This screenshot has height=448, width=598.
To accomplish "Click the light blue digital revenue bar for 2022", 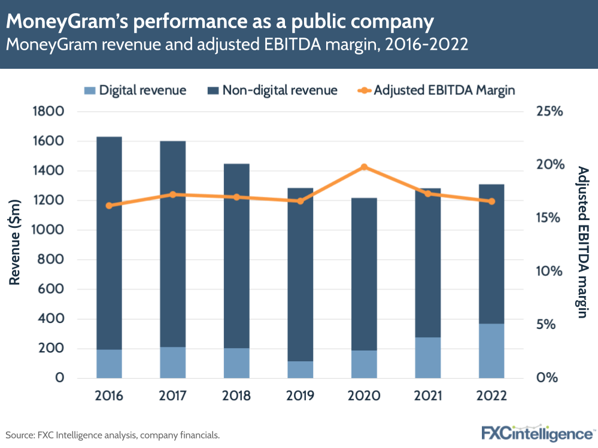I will pyautogui.click(x=491, y=351).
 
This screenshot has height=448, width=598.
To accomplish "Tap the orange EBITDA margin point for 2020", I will pyautogui.click(x=364, y=167).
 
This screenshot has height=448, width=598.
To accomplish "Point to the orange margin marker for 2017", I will pyautogui.click(x=173, y=194).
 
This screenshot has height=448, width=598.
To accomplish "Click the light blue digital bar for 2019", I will pyautogui.click(x=300, y=370).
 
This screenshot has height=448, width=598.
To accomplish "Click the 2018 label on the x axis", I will pyautogui.click(x=236, y=396).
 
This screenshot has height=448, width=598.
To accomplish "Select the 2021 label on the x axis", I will pyautogui.click(x=427, y=396).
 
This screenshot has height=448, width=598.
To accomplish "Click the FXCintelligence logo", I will pyautogui.click(x=537, y=432).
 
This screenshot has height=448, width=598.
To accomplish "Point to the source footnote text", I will pyautogui.click(x=113, y=435).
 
